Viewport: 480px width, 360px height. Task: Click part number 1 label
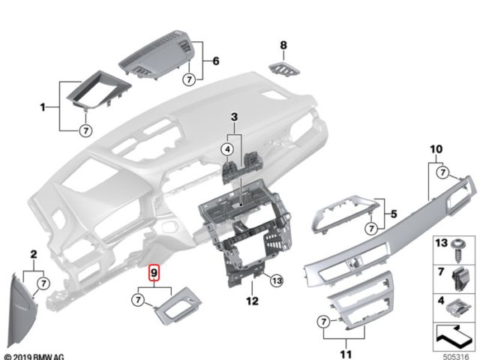(x=43, y=108)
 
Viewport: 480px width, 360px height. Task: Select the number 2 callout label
(x=33, y=255)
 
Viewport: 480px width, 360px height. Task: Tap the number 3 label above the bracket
(x=233, y=117)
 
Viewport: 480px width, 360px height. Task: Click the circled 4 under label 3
(x=226, y=151)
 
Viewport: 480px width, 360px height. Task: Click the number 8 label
(x=283, y=46)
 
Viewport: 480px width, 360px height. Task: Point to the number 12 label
(x=252, y=301)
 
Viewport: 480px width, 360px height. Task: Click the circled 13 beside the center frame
(x=276, y=280)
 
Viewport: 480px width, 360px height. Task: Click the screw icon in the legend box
(x=454, y=249)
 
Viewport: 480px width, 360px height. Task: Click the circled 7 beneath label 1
(x=85, y=130)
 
